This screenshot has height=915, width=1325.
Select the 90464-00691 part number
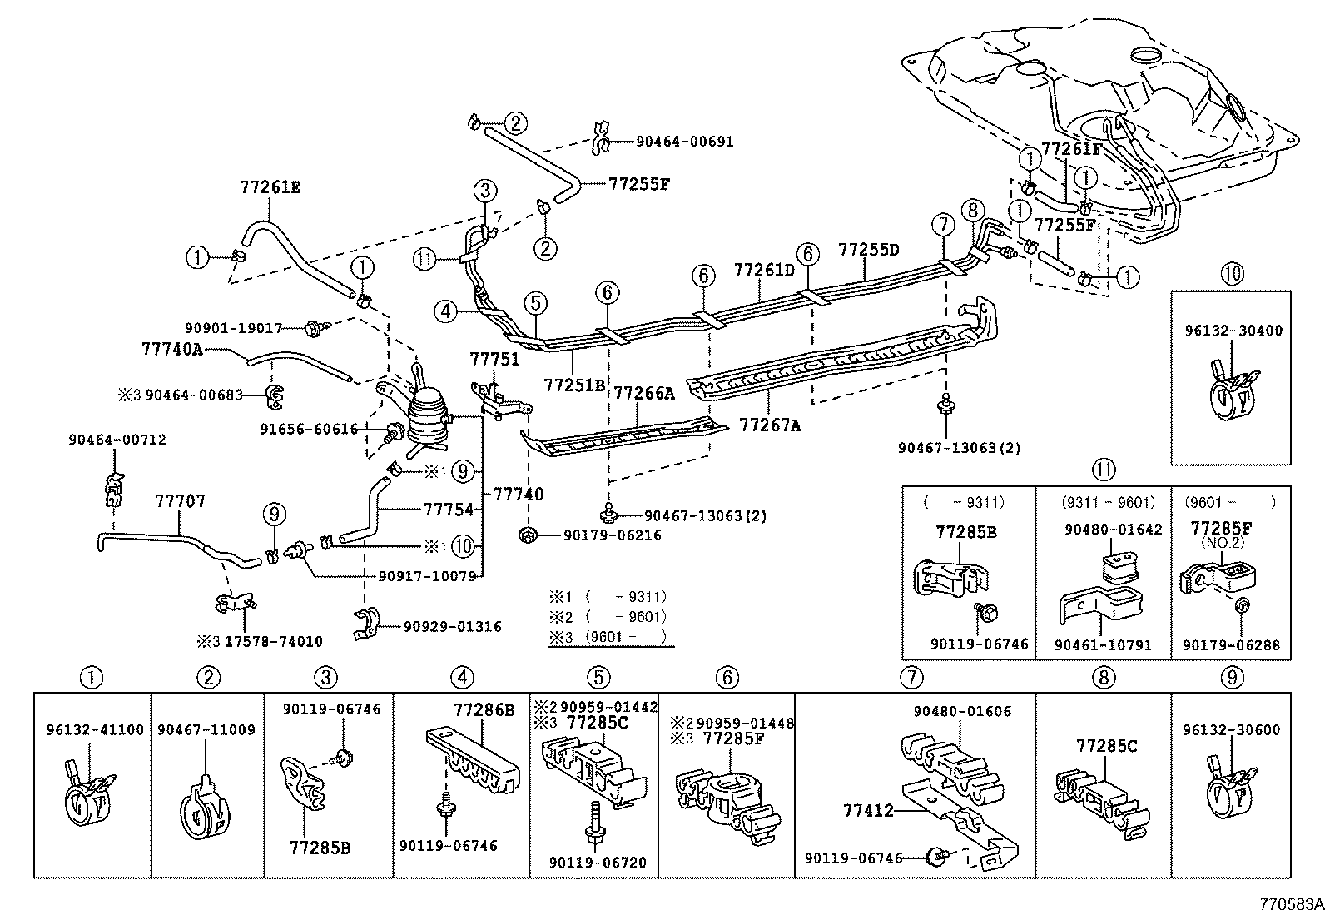(684, 142)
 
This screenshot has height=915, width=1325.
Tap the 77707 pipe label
(180, 501)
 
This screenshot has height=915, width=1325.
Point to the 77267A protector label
(770, 425)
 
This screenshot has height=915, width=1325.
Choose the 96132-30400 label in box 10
(1233, 331)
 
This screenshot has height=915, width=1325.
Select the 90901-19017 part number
(233, 329)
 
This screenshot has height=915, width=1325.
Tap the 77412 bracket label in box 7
(868, 809)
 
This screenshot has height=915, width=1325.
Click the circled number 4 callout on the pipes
(445, 312)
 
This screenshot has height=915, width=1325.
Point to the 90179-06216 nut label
(611, 535)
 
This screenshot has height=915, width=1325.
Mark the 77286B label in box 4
(484, 710)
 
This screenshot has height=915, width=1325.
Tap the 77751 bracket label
(494, 360)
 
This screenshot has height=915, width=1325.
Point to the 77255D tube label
(868, 249)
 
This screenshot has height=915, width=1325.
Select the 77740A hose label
(171, 350)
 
